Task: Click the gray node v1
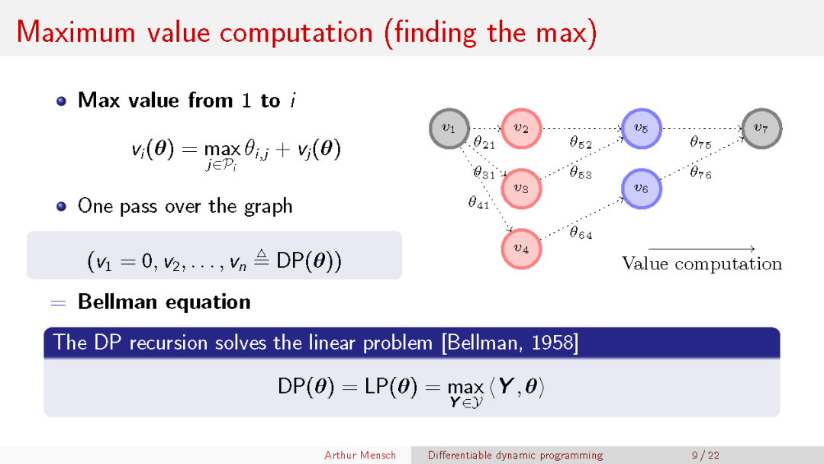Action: pyautogui.click(x=449, y=128)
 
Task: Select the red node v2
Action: pyautogui.click(x=521, y=128)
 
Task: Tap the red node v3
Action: pyautogui.click(x=521, y=188)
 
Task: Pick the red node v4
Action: pyautogui.click(x=521, y=249)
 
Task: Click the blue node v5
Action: pyautogui.click(x=641, y=128)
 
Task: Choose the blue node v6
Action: pyautogui.click(x=641, y=188)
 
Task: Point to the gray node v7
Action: pyautogui.click(x=761, y=128)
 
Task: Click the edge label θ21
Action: pyautogui.click(x=484, y=143)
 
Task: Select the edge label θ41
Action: pyautogui.click(x=478, y=202)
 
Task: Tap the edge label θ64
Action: pyautogui.click(x=581, y=232)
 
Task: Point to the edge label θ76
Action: pyautogui.click(x=700, y=172)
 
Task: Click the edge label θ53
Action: pyautogui.click(x=581, y=172)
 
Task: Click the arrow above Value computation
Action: pyautogui.click(x=702, y=249)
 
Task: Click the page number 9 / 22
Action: pyautogui.click(x=705, y=455)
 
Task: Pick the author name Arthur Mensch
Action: pyautogui.click(x=360, y=455)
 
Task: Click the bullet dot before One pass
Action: pyautogui.click(x=62, y=207)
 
